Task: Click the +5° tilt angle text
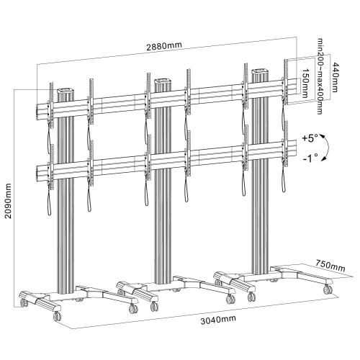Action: (311, 136)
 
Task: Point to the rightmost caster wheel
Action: (329, 289)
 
